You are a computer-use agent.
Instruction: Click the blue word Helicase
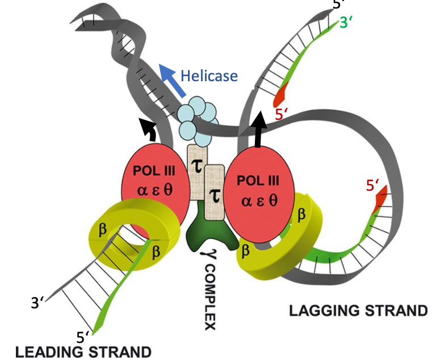pos(209,76)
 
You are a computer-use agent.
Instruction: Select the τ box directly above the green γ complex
pos(214,193)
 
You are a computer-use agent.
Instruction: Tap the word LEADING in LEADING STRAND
pos(46,351)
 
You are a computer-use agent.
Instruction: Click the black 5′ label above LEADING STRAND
pos(83,337)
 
